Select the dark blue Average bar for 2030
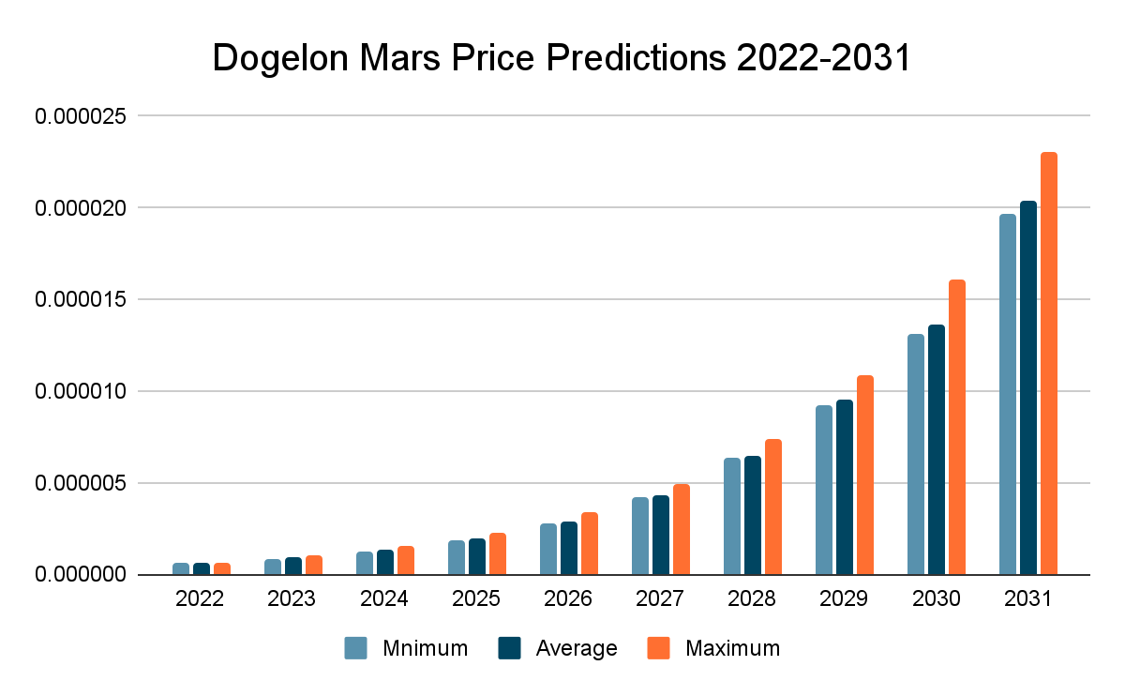pos(937,450)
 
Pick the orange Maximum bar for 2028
pos(773,507)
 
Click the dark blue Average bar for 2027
pos(661,536)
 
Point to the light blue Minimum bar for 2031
pos(1008,395)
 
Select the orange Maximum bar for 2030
pos(957,428)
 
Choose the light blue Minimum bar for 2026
pos(548,550)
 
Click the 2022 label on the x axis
pos(200,599)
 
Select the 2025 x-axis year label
pos(475,599)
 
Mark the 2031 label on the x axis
pos(1027,599)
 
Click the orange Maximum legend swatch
pos(660,648)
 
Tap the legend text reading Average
pos(577,648)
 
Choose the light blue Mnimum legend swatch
pos(355,648)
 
